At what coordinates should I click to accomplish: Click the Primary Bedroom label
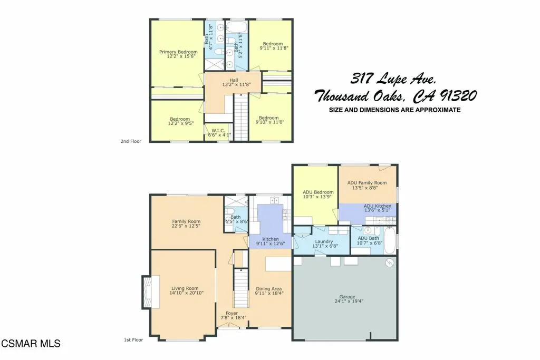(178, 52)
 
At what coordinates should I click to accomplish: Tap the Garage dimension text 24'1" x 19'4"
(349, 301)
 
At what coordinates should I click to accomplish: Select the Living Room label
(185, 288)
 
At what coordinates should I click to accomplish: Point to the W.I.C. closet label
(218, 131)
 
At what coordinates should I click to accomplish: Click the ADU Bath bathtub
(390, 240)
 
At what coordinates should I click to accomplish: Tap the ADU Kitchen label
(378, 206)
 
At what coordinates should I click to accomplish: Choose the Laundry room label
(324, 241)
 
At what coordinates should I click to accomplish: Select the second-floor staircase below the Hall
(241, 118)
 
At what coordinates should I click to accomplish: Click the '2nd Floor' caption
(131, 141)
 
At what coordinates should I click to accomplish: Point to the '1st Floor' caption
(133, 339)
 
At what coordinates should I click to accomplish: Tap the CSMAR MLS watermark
(31, 343)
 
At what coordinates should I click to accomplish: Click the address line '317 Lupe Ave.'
(393, 79)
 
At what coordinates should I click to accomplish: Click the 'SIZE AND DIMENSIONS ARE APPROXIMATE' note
(394, 110)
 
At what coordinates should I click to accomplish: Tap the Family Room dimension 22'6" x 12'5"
(186, 226)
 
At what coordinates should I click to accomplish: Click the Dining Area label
(268, 289)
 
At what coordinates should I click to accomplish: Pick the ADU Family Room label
(367, 183)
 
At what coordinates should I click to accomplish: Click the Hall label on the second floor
(234, 80)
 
